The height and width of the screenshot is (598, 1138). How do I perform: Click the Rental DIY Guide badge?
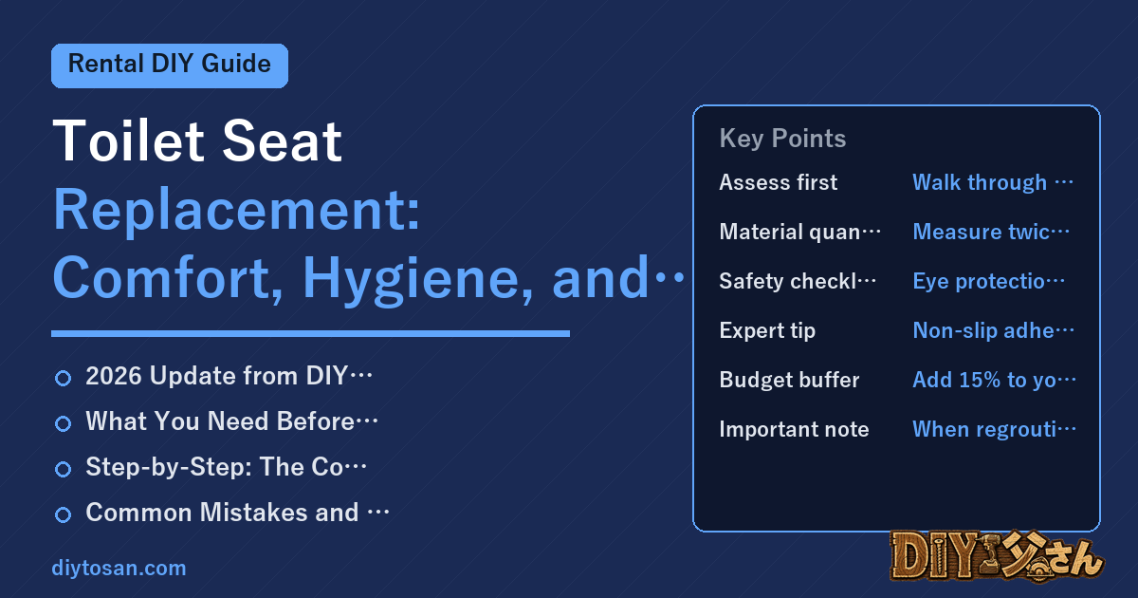[x=170, y=65]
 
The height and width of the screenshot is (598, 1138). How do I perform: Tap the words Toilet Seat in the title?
[x=197, y=140]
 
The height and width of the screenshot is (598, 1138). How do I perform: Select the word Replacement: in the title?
[x=237, y=211]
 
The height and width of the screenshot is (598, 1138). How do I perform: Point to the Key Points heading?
[x=782, y=139]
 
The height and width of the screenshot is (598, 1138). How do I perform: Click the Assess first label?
[x=778, y=182]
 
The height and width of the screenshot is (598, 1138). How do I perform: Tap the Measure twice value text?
[x=991, y=232]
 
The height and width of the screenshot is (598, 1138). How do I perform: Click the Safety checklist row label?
[x=798, y=281]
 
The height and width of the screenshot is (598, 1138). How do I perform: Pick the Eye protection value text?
[x=988, y=281]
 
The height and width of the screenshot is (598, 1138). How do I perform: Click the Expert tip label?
[x=767, y=331]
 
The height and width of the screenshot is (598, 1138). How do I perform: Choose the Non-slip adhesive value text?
[x=994, y=331]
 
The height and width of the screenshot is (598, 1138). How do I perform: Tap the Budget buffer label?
[x=789, y=380]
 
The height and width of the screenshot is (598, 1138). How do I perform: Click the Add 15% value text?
[x=994, y=380]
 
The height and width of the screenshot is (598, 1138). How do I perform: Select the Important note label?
[x=794, y=429]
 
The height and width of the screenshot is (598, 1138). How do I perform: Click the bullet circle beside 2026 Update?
[x=63, y=378]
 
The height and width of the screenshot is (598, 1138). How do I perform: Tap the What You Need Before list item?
[x=231, y=421]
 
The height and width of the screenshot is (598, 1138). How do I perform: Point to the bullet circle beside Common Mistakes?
[x=63, y=514]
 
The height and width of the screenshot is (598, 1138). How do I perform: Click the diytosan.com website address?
[x=119, y=568]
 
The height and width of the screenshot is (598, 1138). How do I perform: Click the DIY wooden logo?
[x=997, y=555]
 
